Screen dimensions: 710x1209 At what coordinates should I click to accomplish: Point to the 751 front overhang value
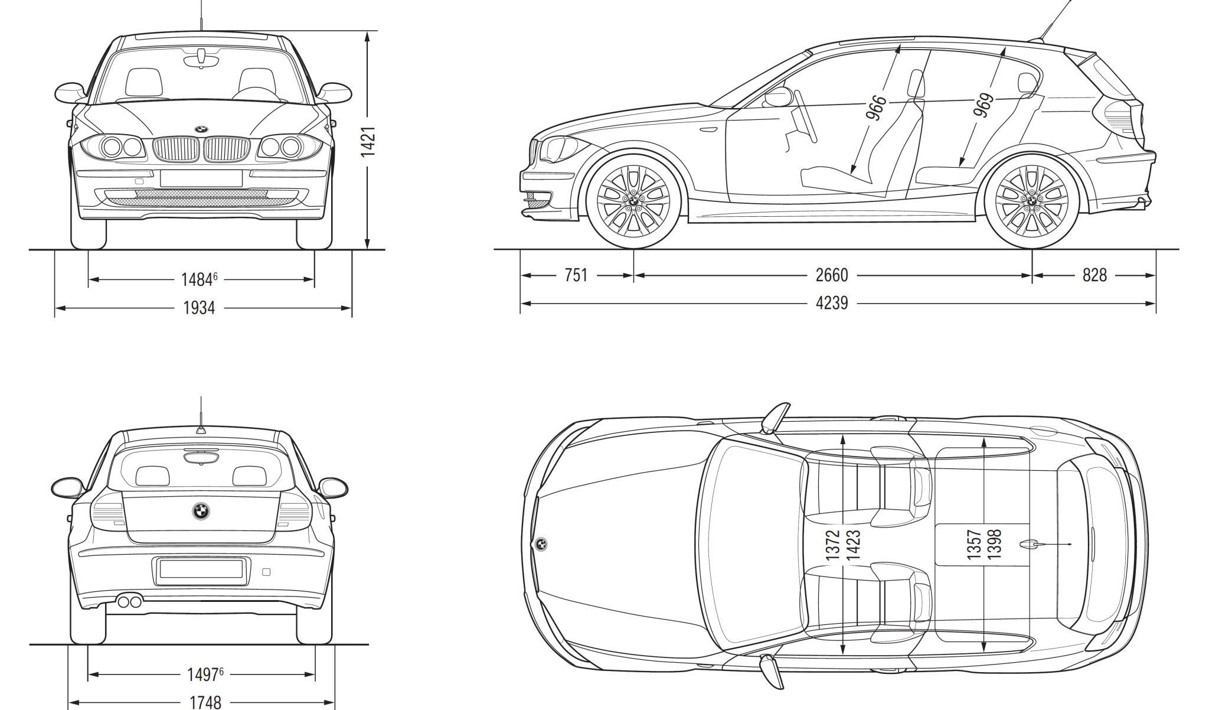click(x=576, y=275)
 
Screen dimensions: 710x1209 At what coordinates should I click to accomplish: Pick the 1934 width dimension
click(x=198, y=308)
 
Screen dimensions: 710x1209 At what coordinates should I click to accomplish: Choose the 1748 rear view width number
click(x=205, y=702)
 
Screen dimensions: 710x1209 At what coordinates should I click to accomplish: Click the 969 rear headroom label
click(x=983, y=105)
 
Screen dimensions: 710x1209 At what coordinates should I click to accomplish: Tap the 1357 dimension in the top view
click(x=974, y=544)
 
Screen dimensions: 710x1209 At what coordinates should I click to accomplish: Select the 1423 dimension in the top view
click(x=853, y=544)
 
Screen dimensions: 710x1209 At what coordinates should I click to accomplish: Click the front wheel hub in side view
click(x=632, y=200)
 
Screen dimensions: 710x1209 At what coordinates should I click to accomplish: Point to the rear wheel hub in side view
click(x=1031, y=200)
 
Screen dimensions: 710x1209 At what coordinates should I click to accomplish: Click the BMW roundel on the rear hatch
click(x=201, y=512)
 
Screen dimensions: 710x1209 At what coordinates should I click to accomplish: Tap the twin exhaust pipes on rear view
click(x=129, y=602)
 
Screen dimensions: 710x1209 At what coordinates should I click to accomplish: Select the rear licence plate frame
click(x=201, y=569)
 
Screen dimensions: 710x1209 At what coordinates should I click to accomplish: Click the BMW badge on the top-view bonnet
click(x=540, y=544)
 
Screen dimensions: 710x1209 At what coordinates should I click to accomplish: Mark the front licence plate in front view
click(x=201, y=178)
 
